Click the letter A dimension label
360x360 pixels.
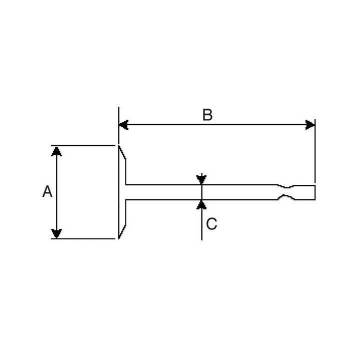47,191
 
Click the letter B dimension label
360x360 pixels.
207,115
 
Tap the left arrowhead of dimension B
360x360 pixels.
123,125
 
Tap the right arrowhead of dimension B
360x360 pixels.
310,125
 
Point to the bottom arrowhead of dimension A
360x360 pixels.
57,233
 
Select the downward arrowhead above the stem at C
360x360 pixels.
201,179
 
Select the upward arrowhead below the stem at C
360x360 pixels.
201,204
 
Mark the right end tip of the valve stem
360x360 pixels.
315,192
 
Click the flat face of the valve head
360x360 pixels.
119,192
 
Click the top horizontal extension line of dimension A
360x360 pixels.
85,145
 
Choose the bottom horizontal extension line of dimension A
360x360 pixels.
85,238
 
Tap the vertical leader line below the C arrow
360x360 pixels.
201,225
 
